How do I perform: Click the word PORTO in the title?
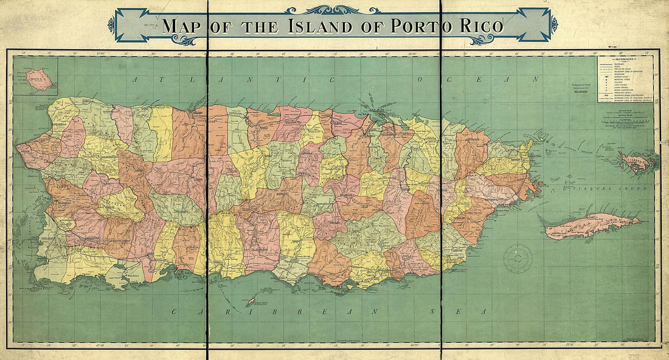click(421, 27)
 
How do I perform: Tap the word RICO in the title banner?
click(480, 27)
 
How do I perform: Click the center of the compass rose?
click(518, 258)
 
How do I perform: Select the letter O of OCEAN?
click(420, 80)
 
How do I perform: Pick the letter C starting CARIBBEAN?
click(173, 311)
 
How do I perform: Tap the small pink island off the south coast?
click(250, 301)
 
